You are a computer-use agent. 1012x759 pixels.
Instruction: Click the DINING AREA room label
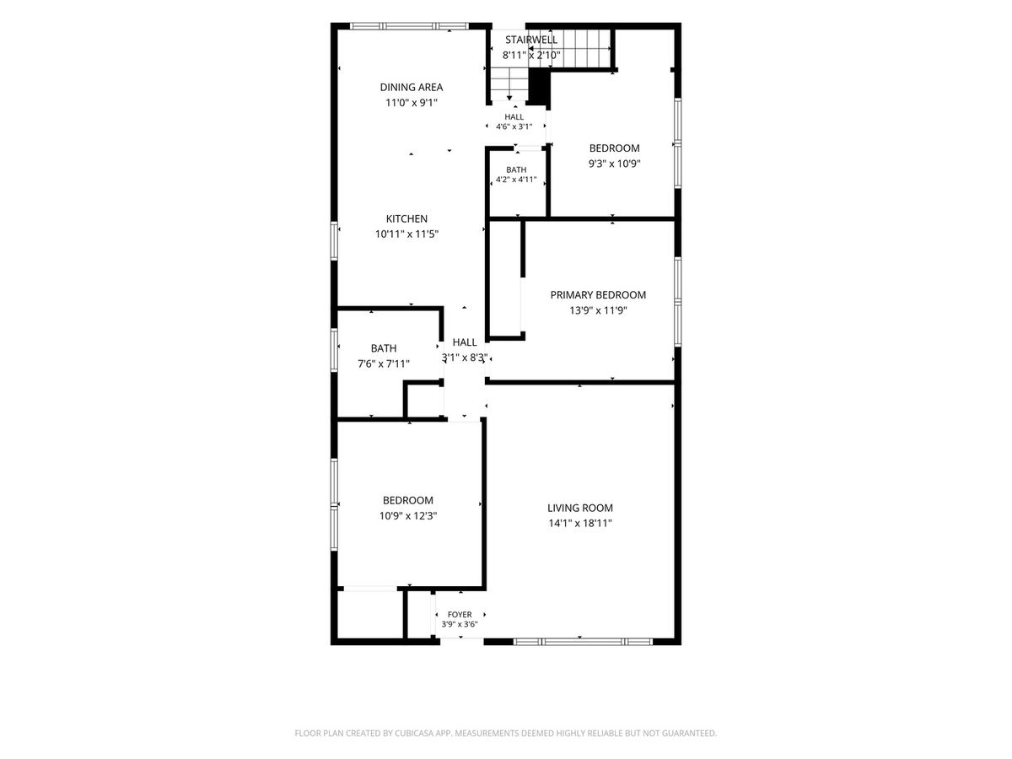coord(411,87)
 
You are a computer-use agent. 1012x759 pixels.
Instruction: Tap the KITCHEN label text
coord(406,218)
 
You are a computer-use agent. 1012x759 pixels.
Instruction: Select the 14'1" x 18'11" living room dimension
coord(580,523)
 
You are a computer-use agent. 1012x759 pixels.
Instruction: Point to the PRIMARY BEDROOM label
coord(598,295)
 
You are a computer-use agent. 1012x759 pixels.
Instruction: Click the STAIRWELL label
coord(531,40)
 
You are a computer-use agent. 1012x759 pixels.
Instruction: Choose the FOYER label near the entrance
coord(460,614)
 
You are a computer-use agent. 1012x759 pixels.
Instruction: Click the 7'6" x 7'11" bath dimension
coord(384,364)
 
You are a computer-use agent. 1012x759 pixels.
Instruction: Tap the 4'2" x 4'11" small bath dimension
coord(516,180)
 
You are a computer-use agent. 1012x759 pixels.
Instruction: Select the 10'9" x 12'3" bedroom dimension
coord(408,515)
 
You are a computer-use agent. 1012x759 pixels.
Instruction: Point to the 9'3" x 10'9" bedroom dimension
coord(615,164)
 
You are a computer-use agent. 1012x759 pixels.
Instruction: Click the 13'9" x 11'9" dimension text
coord(598,310)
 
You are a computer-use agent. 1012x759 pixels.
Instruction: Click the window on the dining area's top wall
coord(409,26)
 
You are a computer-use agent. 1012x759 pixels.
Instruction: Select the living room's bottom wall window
coord(583,641)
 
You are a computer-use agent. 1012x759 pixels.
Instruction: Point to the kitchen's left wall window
coord(335,241)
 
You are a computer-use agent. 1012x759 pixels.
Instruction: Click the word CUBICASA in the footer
coord(414,733)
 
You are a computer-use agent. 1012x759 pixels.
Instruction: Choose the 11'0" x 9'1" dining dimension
coord(412,102)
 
